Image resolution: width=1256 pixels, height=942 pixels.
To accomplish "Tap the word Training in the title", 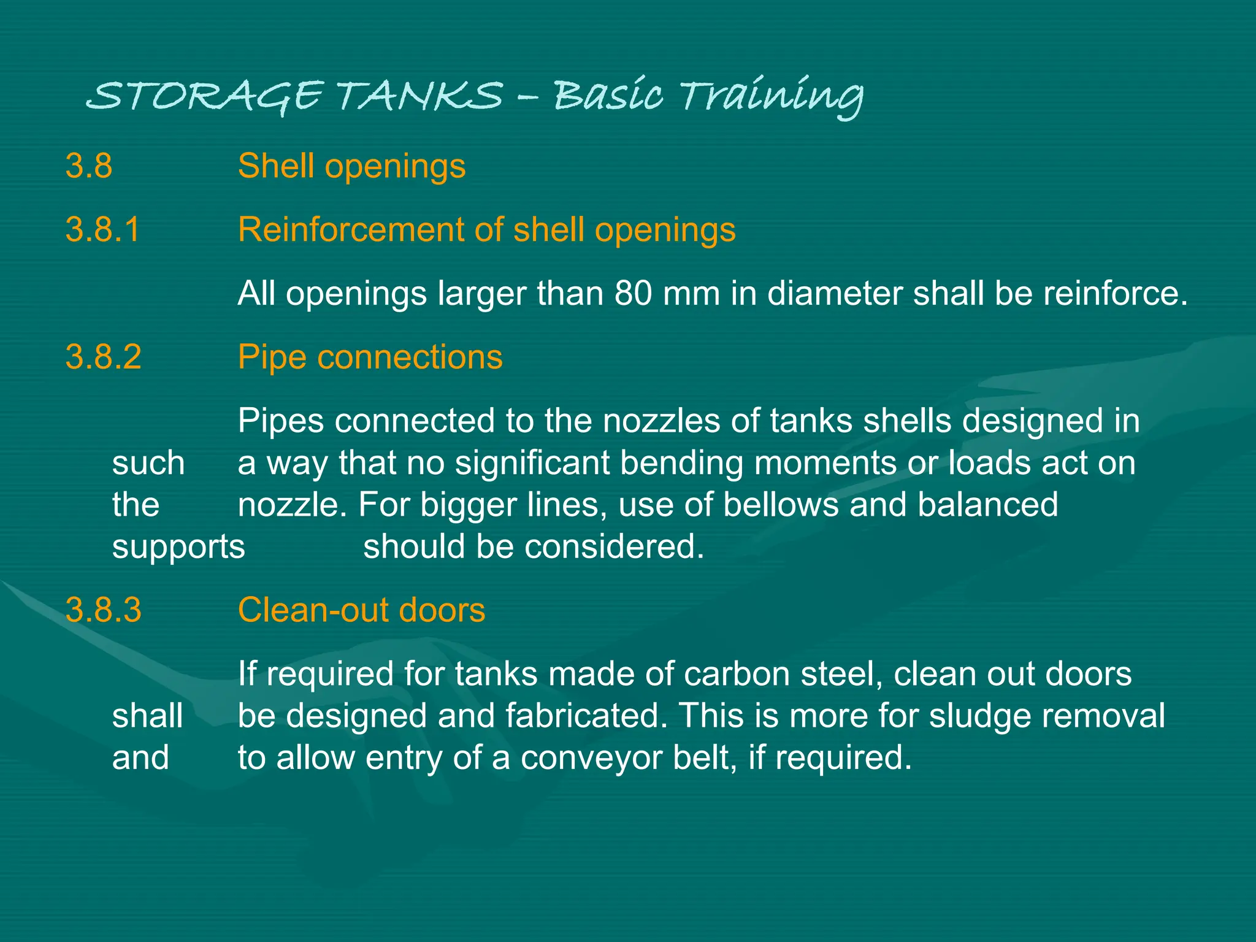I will click(772, 96).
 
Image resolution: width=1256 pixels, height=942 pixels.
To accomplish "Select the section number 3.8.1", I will click(103, 230).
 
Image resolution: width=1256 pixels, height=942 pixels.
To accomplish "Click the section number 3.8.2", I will click(103, 357).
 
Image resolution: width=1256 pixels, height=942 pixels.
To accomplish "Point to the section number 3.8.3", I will click(103, 610).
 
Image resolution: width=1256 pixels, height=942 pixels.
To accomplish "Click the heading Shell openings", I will click(351, 166).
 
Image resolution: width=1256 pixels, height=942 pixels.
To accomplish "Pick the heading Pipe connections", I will click(370, 357).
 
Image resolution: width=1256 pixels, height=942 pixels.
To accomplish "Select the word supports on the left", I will click(178, 547).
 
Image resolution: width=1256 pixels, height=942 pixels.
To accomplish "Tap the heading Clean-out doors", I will click(361, 610).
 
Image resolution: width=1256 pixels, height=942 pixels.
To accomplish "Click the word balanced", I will click(988, 505).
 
